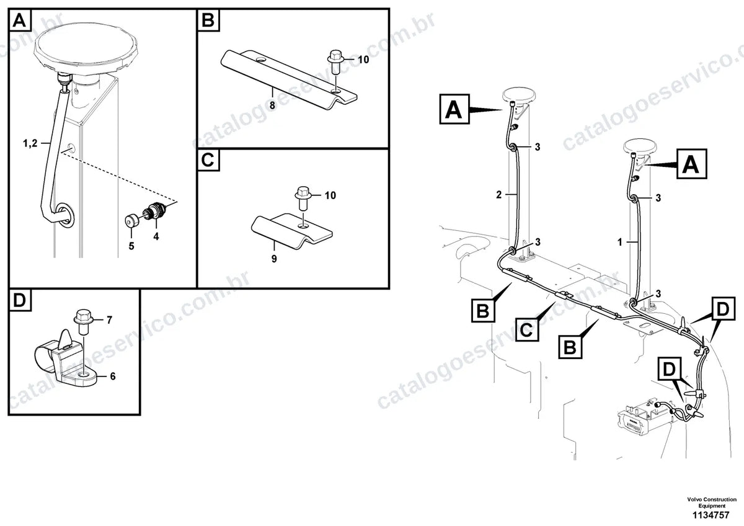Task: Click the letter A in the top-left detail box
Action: (x=19, y=20)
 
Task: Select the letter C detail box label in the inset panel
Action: (x=208, y=160)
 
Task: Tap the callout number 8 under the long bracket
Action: (x=272, y=105)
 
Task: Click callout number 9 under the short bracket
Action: (x=274, y=259)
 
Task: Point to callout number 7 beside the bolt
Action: (x=110, y=320)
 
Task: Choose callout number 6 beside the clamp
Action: (x=113, y=376)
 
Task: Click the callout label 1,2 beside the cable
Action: (x=30, y=143)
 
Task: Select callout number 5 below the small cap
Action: (x=131, y=246)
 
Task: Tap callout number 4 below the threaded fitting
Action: (x=156, y=236)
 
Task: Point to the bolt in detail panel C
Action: (x=303, y=198)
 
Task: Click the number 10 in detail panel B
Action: (x=363, y=60)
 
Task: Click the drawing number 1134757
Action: (x=711, y=515)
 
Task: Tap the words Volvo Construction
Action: (x=712, y=499)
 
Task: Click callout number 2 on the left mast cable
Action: (x=498, y=195)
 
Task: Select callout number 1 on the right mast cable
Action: (x=619, y=242)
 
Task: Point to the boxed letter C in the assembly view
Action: (x=527, y=329)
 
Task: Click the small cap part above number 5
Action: (x=130, y=221)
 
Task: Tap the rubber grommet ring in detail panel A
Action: (x=65, y=215)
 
